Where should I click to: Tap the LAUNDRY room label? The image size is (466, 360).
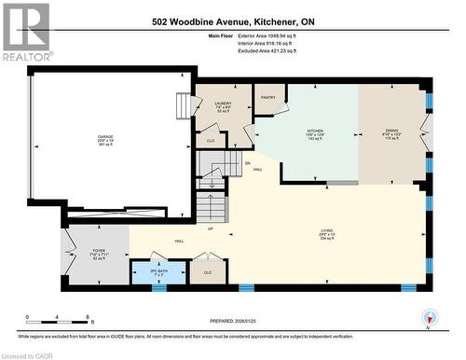(223, 104)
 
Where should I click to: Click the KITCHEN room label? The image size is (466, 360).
(315, 132)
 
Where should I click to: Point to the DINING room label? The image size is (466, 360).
(393, 132)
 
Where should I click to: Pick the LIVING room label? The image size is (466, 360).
(326, 228)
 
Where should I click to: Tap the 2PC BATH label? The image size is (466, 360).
(158, 271)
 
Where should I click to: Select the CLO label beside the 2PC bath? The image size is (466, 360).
(207, 271)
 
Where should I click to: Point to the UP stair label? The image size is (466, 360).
(211, 228)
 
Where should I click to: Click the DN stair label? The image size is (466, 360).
(248, 163)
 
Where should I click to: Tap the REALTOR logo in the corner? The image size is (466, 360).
(25, 32)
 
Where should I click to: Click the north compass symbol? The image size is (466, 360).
(429, 316)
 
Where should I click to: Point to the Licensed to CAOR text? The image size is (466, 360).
(28, 354)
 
